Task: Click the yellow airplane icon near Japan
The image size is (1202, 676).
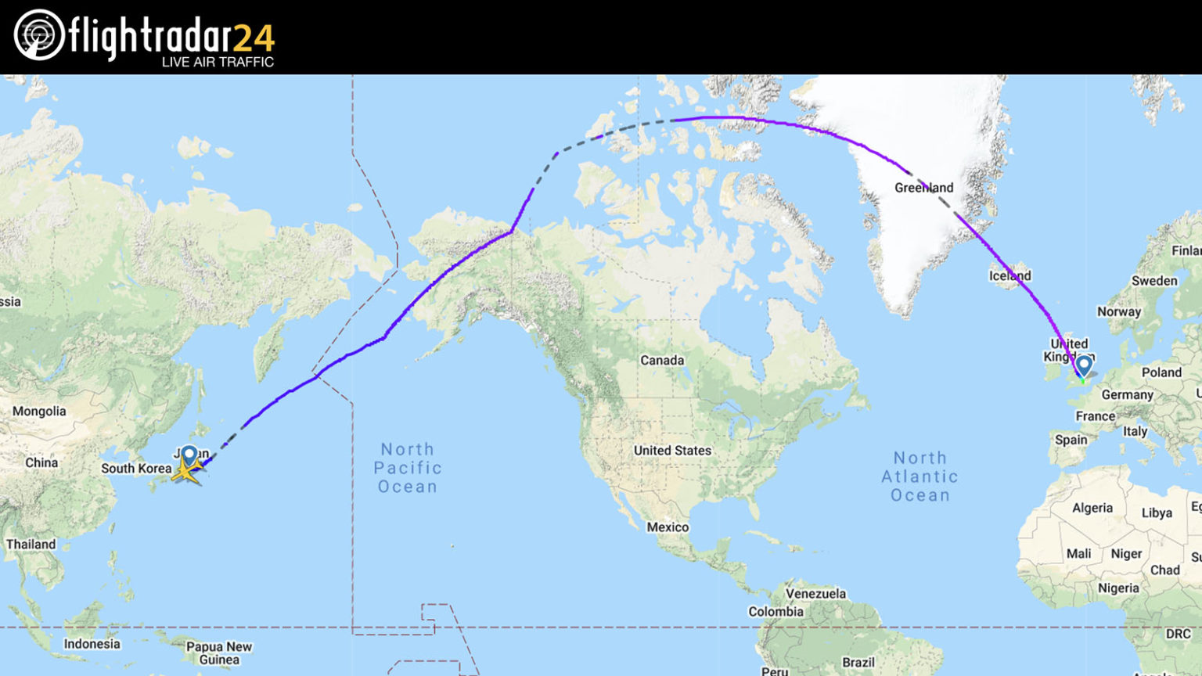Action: point(186,471)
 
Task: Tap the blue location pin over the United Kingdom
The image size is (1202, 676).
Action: point(1084,365)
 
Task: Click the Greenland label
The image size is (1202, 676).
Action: point(923,188)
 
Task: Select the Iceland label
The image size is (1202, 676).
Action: point(1009,275)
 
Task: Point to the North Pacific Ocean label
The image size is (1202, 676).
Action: point(407,468)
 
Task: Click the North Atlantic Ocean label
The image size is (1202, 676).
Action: point(919,476)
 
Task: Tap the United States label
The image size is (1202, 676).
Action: point(672,451)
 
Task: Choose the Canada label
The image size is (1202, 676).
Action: point(662,361)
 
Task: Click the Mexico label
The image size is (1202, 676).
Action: point(668,527)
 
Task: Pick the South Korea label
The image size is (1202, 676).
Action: point(136,469)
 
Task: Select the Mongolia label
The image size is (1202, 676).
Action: point(39,412)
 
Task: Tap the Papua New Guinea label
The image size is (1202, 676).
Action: point(219,653)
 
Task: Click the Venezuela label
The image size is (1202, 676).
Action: point(815,594)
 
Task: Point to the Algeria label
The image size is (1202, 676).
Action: point(1092,508)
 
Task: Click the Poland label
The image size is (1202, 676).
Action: point(1161,372)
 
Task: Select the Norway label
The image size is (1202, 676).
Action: point(1119,311)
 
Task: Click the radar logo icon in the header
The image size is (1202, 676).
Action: point(39,35)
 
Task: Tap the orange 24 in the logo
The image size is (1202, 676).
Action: point(254,38)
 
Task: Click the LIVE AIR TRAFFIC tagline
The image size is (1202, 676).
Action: point(218,62)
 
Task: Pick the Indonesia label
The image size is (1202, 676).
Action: point(92,644)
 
